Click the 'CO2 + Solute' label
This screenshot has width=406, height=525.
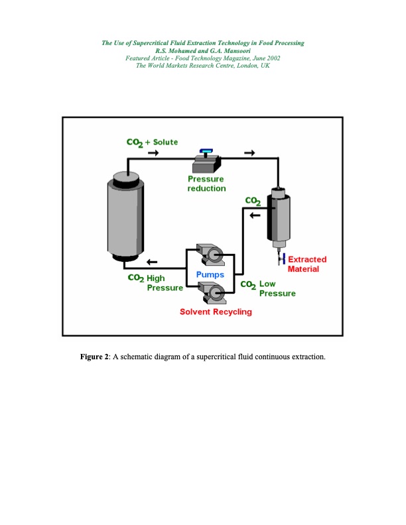click(x=152, y=143)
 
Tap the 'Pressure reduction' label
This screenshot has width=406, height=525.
click(x=206, y=184)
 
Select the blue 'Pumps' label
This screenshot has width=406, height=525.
click(x=210, y=274)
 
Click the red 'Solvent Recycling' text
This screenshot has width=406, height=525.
click(x=216, y=312)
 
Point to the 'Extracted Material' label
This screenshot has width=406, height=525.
click(x=303, y=264)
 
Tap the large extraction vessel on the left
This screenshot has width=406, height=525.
click(x=125, y=216)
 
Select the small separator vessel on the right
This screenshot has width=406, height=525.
click(x=278, y=216)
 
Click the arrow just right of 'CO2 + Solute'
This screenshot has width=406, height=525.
click(x=153, y=153)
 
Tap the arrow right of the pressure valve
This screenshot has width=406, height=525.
click(x=249, y=153)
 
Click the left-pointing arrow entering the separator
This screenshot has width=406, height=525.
click(x=255, y=213)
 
